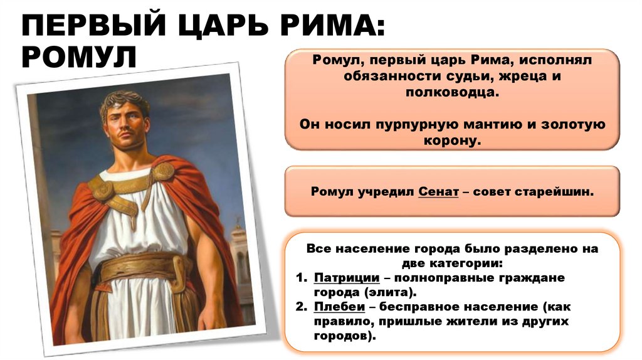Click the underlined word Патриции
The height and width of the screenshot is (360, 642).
point(347,277)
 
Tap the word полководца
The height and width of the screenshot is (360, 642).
point(451,92)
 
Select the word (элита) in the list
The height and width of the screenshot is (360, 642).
point(390,292)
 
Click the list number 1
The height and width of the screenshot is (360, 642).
point(301,277)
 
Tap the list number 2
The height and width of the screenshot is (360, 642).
point(301,307)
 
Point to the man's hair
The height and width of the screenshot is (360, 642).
point(125,101)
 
